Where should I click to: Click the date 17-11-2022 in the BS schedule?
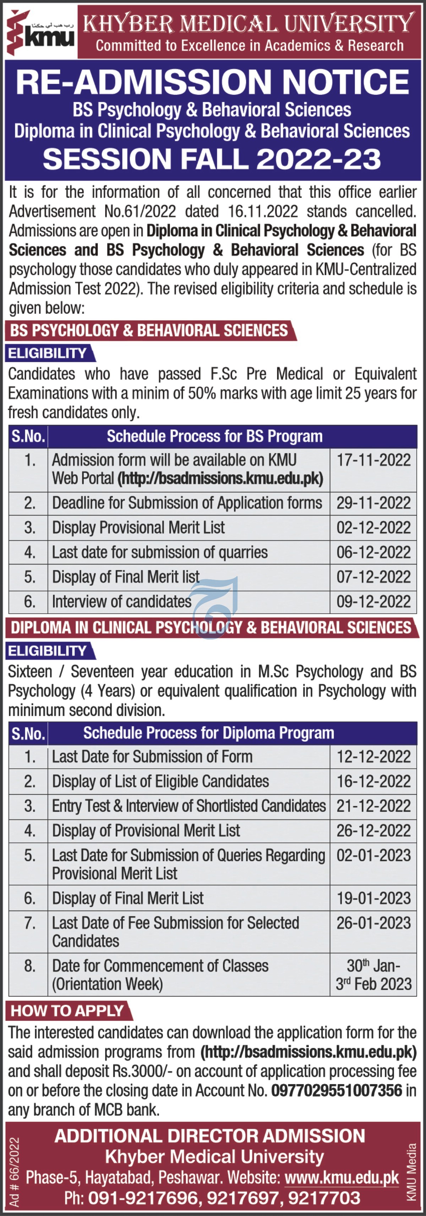373,460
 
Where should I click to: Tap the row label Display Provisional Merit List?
138,528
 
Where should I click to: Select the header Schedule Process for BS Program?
214,437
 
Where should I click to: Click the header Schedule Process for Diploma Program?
209,733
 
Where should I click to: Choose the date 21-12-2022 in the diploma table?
373,806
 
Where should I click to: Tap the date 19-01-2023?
373,898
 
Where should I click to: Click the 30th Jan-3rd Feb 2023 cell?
373,974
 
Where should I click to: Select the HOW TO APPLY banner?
67,1011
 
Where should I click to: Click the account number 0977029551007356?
336,1090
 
